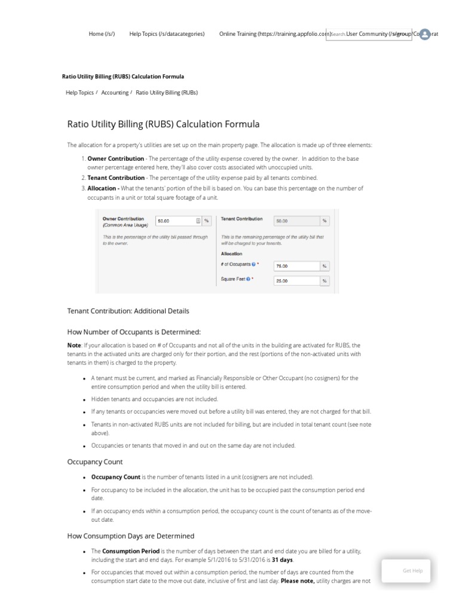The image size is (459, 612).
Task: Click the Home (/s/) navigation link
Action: (x=102, y=34)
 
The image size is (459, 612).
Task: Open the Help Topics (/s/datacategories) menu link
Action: (x=167, y=34)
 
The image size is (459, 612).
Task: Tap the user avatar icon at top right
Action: (x=425, y=34)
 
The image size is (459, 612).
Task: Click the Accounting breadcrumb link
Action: (x=115, y=93)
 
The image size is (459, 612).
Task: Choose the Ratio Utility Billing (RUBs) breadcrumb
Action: (x=167, y=93)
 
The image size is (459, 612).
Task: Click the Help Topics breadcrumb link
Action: (x=79, y=93)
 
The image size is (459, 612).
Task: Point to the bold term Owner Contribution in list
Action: (x=115, y=158)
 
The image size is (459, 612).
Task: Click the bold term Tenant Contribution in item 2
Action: (x=116, y=178)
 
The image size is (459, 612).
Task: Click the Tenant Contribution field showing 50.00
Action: (x=295, y=221)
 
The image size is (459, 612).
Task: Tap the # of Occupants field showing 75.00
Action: (x=295, y=266)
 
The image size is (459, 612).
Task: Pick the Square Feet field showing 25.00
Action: (x=295, y=281)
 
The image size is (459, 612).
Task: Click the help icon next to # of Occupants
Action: (x=254, y=264)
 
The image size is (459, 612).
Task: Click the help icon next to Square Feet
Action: (x=248, y=279)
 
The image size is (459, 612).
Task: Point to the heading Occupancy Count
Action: (x=96, y=462)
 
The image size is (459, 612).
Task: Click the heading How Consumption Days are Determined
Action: (x=131, y=536)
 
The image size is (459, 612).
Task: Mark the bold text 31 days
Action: (x=283, y=559)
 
